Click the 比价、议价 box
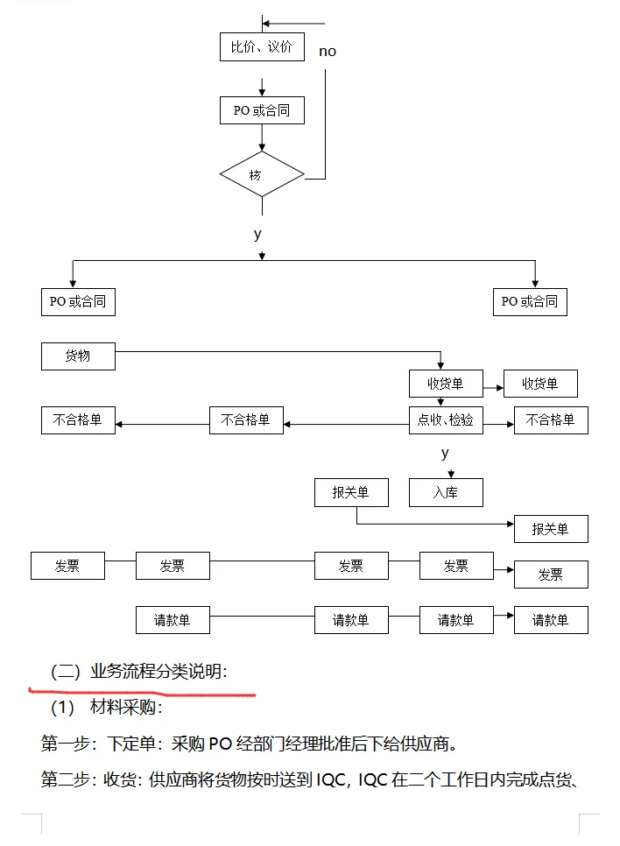coord(262,47)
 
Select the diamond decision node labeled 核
coord(262,174)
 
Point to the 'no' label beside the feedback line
coord(328,52)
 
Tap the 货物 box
coord(78,356)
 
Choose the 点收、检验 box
coord(446,420)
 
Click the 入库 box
coord(446,492)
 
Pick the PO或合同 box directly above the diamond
coord(262,110)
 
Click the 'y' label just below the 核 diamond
coord(257,234)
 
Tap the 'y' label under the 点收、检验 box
coord(445,453)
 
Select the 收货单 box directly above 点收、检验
coord(446,384)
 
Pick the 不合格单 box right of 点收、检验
coord(551,420)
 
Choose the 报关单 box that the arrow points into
coord(551,529)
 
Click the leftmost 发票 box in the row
coord(67,566)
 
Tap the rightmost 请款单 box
coord(551,620)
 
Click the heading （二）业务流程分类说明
coord(140,672)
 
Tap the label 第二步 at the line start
coord(68,780)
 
